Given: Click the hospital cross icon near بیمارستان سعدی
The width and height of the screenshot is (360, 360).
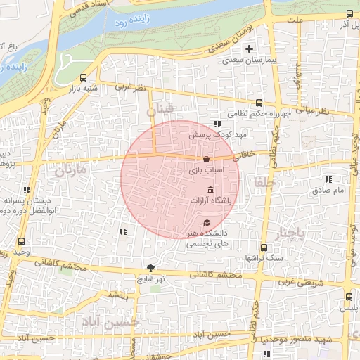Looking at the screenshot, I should click(248, 49).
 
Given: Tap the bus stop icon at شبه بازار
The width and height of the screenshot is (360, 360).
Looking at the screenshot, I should click(84, 78).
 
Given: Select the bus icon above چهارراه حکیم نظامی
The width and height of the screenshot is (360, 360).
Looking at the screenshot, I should click(259, 103).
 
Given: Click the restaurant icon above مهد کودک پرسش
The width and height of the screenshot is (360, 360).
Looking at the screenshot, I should click(207, 124).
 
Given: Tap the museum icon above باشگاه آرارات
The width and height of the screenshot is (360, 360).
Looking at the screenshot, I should click(211, 190).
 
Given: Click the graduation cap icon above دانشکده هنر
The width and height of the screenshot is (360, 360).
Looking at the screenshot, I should click(206, 222).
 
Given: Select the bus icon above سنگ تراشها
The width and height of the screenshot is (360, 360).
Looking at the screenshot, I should click(264, 247).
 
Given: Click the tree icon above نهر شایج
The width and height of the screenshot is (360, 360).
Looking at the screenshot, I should click(150, 267).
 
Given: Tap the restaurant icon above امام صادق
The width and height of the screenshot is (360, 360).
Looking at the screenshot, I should click(330, 180).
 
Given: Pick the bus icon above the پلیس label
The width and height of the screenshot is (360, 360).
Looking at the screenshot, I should click(349, 297).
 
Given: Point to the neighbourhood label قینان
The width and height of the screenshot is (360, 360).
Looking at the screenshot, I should click(160, 110).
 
